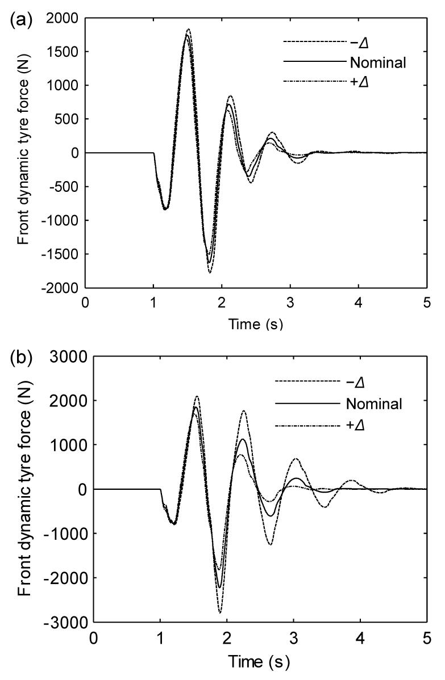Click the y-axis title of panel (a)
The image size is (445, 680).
pyautogui.click(x=23, y=153)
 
